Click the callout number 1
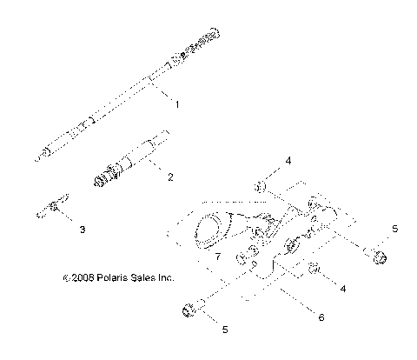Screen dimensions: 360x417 pos(178,104)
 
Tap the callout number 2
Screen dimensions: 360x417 pos(170,177)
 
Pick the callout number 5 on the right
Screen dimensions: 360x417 pos(394,229)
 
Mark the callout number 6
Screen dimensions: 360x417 pos(321,317)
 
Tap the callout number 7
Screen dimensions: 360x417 pos(219,258)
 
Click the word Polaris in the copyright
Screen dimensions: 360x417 pos(119,278)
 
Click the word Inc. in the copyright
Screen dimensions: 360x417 pos(165,278)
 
